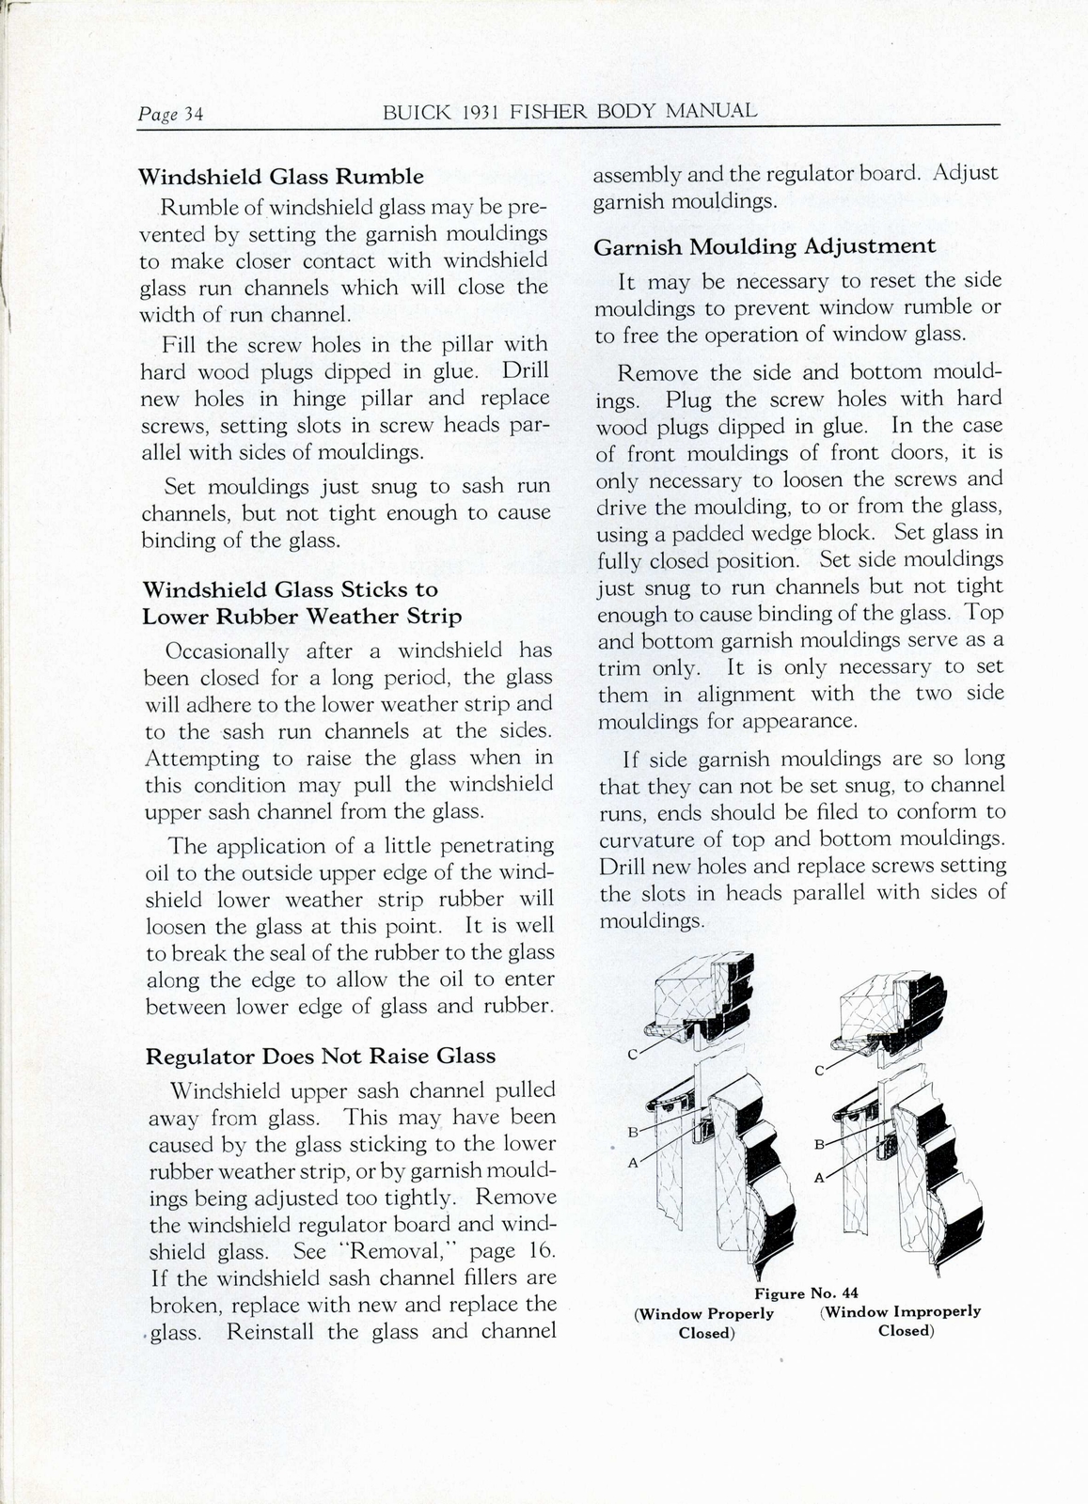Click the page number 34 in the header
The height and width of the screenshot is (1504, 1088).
point(194,115)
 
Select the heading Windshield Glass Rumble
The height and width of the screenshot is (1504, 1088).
point(281,177)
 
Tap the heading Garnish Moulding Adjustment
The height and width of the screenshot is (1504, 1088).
point(765,246)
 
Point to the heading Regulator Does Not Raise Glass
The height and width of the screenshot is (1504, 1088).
point(321,1056)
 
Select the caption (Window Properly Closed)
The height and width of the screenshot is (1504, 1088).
point(704,1323)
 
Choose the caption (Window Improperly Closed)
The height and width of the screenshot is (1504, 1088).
point(900,1321)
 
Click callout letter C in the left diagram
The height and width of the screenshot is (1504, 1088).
point(633,1054)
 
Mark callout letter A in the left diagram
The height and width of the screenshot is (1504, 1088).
point(632,1163)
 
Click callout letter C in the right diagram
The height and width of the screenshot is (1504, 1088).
point(819,1070)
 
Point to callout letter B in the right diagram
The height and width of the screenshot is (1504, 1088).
point(818,1144)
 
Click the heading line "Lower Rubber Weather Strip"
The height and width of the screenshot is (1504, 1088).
point(302,617)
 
